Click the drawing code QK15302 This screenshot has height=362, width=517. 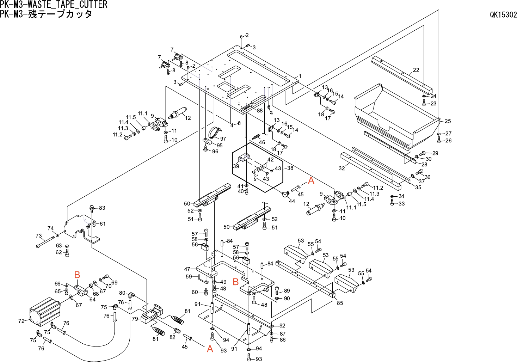click(503, 14)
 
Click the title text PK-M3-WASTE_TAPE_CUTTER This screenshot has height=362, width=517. click(54, 5)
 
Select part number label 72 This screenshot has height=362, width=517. click(21, 321)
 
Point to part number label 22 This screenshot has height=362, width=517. click(416, 70)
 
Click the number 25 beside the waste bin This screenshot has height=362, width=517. click(448, 121)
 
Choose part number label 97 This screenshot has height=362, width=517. click(223, 139)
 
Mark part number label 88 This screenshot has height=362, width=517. click(260, 110)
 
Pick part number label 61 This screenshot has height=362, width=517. click(103, 223)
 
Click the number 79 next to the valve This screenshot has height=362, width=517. click(135, 319)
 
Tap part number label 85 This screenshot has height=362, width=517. click(340, 303)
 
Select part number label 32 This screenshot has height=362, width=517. click(341, 168)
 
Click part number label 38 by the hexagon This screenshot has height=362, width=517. click(290, 168)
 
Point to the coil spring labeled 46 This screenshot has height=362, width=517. click(256, 137)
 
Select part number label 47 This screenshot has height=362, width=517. click(187, 269)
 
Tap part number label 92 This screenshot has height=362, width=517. click(282, 326)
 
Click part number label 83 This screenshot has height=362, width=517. click(102, 208)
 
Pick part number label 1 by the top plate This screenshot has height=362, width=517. click(300, 76)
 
